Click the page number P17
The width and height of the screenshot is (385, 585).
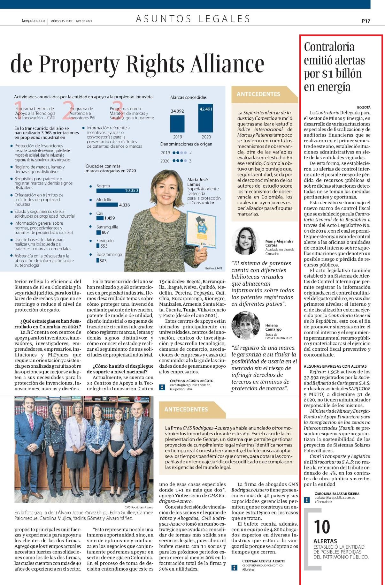pos(366,21)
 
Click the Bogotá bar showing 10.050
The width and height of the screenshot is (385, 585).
pos(118,191)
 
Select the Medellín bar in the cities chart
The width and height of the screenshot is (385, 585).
pos(107,205)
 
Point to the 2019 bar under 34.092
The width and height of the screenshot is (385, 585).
pos(178,124)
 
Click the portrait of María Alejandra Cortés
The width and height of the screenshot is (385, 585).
pos(245,241)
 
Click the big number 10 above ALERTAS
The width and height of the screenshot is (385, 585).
pos(322,527)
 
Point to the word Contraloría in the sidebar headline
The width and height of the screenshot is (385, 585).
pos(329,47)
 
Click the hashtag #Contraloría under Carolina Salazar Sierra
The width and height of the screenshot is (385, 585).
pos(323,502)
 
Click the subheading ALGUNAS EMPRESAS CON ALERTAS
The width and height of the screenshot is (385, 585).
pos(335,366)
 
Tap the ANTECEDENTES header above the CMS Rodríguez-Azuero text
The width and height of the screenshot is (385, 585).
pos(186,409)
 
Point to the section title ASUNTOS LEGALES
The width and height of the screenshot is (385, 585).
pos(193,19)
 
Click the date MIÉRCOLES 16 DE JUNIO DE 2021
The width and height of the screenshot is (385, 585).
pos(71,21)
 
